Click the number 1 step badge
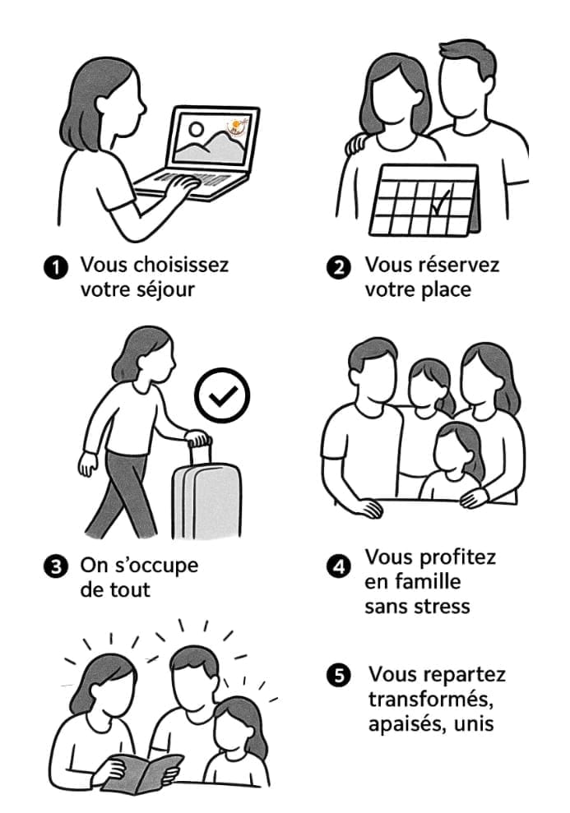coord(55,268)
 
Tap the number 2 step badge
coord(339,268)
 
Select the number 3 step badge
coord(55,566)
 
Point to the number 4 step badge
coord(339,566)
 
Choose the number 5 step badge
coord(339,676)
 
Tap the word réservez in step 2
coord(458,265)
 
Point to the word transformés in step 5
coord(430,700)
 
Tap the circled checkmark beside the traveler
coord(222,395)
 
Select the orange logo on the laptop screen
coord(238,127)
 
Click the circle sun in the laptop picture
coord(196,128)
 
